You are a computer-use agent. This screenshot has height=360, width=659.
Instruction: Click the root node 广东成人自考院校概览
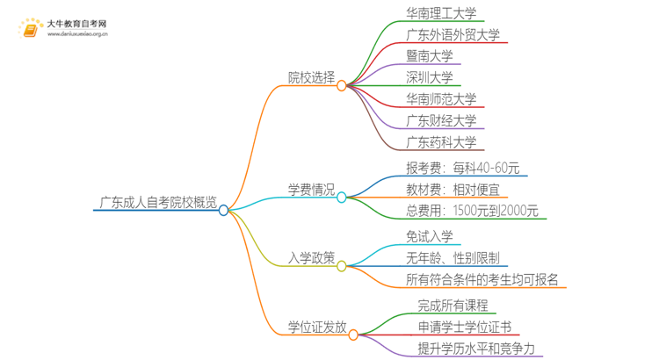(158, 210)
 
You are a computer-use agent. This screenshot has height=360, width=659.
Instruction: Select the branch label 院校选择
(312, 77)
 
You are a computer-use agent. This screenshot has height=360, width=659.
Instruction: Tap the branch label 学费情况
(312, 189)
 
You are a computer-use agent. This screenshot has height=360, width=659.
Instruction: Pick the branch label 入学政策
(312, 258)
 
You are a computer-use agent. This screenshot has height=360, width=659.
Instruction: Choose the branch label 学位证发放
(317, 328)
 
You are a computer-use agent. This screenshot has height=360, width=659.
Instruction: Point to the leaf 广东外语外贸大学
(453, 35)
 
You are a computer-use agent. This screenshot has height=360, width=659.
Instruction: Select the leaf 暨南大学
(430, 56)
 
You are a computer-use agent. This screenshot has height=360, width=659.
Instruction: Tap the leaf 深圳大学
(430, 77)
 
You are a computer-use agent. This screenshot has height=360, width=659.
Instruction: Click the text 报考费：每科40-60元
(462, 168)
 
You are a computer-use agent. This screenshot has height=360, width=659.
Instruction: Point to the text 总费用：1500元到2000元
(473, 210)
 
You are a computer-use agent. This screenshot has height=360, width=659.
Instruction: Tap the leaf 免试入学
(429, 236)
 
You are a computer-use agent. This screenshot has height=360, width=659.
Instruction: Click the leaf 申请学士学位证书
(463, 328)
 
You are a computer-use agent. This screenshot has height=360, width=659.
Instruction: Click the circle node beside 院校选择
(342, 85)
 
